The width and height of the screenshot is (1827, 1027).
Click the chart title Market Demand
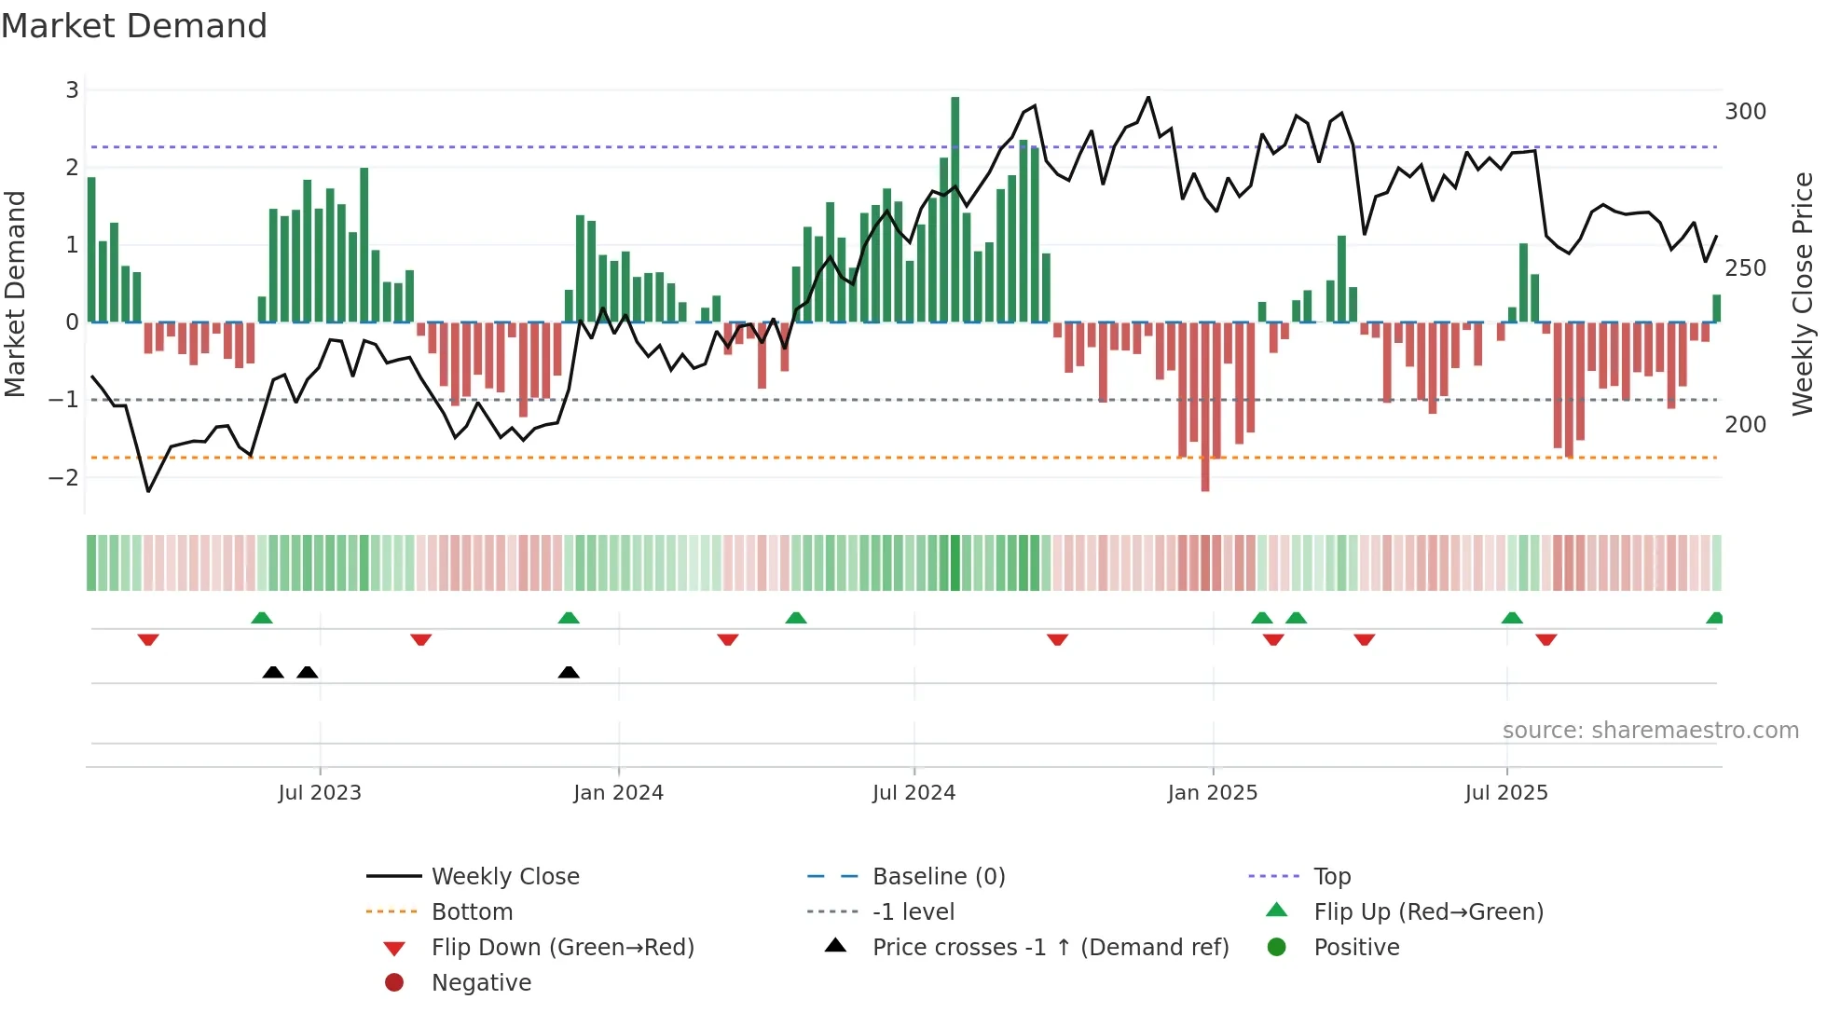click(x=134, y=26)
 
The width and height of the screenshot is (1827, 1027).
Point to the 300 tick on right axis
click(x=1745, y=112)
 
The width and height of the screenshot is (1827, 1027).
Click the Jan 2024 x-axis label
click(x=618, y=793)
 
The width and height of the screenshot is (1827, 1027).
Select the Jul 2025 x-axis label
click(x=1505, y=793)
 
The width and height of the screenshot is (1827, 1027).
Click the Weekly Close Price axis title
click(x=1803, y=294)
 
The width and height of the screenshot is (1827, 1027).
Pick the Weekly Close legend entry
click(x=504, y=877)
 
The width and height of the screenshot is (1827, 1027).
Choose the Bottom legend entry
click(x=472, y=912)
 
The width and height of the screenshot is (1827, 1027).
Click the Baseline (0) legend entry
click(x=938, y=877)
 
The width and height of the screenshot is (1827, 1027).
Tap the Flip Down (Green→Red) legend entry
click(x=562, y=948)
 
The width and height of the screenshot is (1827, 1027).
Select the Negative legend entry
click(x=481, y=983)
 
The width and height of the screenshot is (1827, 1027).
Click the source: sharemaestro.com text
click(x=1650, y=731)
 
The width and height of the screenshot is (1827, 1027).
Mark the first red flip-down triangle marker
click(x=148, y=639)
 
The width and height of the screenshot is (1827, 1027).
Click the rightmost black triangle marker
click(x=569, y=672)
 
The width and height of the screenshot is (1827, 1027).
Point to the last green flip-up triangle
click(x=1714, y=618)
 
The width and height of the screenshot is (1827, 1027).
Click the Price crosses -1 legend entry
click(x=1050, y=948)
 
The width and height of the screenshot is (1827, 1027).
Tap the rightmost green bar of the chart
click(x=1716, y=308)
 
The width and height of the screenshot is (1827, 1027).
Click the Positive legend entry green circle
click(x=1277, y=947)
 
